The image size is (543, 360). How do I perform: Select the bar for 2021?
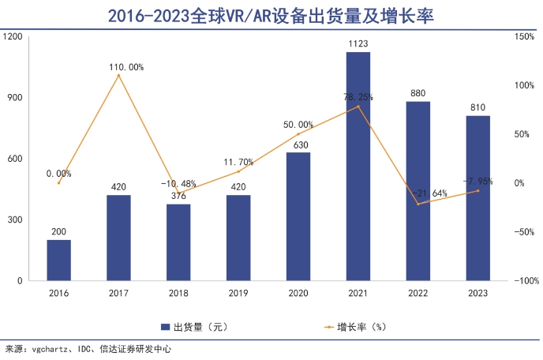click(x=358, y=166)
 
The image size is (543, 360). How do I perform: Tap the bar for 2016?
click(x=58, y=260)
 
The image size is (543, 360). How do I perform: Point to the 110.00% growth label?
click(x=126, y=67)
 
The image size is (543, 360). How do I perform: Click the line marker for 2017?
click(x=118, y=76)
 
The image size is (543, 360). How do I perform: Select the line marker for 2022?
click(x=418, y=204)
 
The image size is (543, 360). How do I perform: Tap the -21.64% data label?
click(x=429, y=193)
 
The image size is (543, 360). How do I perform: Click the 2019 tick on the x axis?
click(x=238, y=293)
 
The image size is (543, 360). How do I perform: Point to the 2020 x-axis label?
click(x=298, y=293)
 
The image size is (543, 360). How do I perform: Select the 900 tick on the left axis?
click(x=16, y=98)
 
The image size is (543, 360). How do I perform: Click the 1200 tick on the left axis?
click(x=13, y=37)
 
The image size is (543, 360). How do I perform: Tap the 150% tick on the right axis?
click(x=524, y=37)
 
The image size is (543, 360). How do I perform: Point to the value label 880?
click(x=418, y=93)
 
